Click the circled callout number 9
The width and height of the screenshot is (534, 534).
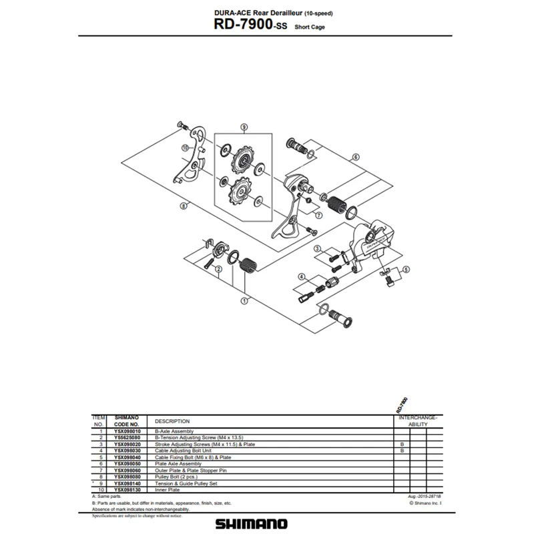coord(244,127)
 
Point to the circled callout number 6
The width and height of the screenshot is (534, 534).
coord(355,157)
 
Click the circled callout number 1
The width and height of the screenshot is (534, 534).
coord(244,300)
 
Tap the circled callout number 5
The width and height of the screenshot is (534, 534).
coord(406,270)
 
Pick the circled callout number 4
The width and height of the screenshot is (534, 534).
coord(302,277)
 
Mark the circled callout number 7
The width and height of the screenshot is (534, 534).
coord(319,215)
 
